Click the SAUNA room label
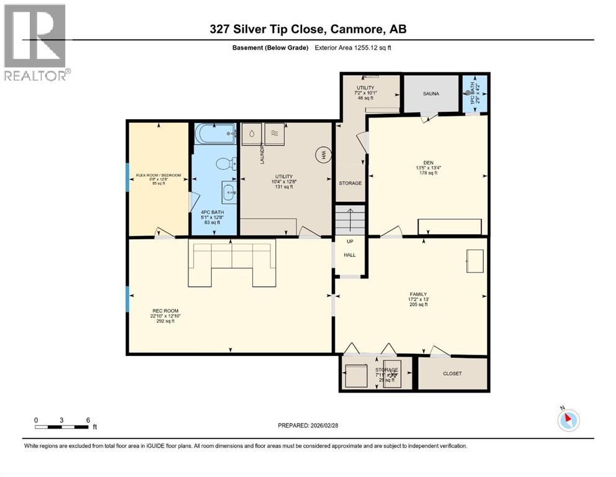click(431, 94)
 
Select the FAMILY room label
click(417, 294)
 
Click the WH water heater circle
click(323, 156)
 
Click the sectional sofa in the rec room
click(231, 264)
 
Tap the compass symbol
click(568, 420)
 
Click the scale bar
click(62, 427)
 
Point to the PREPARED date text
click(308, 425)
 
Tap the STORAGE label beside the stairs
click(350, 183)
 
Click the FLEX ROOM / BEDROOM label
click(158, 175)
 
